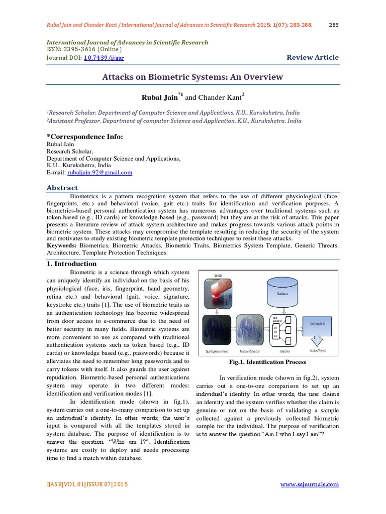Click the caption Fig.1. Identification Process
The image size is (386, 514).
point(267,362)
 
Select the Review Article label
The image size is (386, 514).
point(313,57)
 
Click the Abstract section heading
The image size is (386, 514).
point(62,188)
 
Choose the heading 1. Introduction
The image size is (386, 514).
point(68,264)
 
